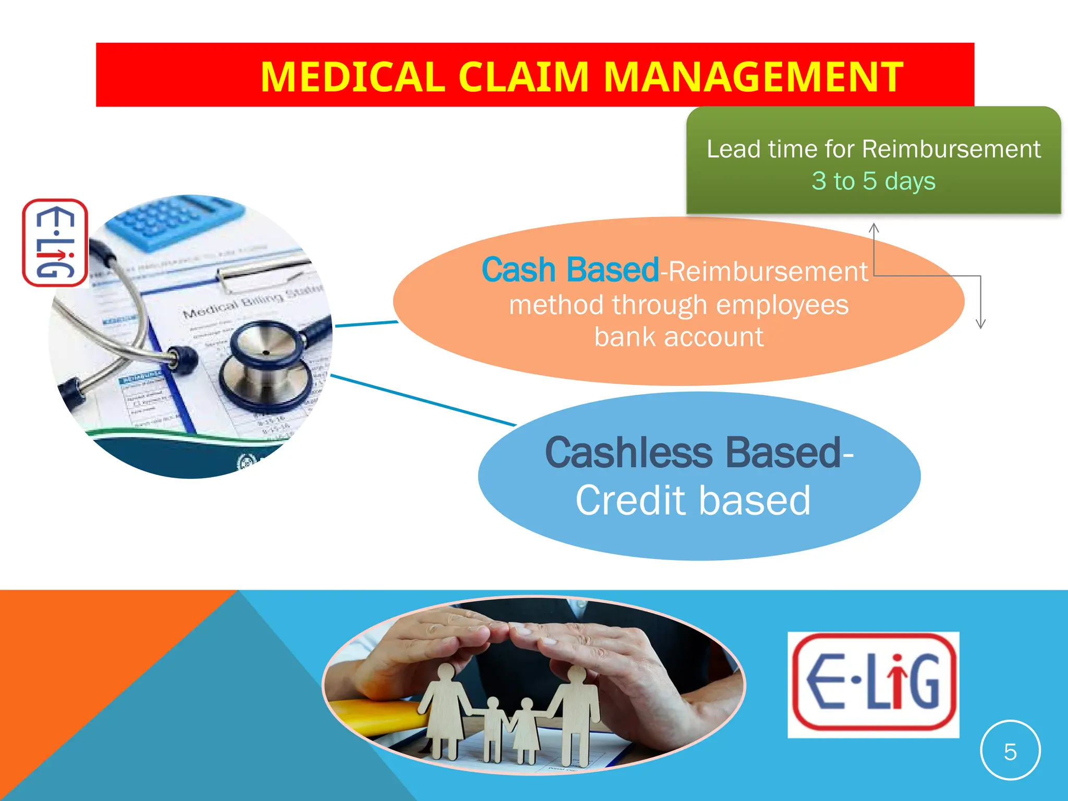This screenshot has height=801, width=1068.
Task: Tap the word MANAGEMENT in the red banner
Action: (x=754, y=77)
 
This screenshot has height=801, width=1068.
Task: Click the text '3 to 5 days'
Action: (x=873, y=181)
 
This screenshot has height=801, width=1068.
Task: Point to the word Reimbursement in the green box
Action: (x=951, y=149)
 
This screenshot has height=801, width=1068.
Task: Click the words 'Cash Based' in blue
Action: (x=570, y=270)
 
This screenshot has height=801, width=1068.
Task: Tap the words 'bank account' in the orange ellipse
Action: (x=679, y=337)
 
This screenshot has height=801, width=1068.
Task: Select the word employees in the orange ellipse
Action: (x=782, y=305)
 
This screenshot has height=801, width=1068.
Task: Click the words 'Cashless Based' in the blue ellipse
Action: (x=693, y=453)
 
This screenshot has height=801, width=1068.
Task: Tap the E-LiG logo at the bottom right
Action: (x=873, y=684)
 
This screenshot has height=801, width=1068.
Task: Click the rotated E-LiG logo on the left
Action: (x=55, y=243)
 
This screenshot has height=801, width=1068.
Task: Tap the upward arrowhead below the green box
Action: (x=874, y=228)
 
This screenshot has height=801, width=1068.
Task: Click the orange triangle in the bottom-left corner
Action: (x=78, y=678)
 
